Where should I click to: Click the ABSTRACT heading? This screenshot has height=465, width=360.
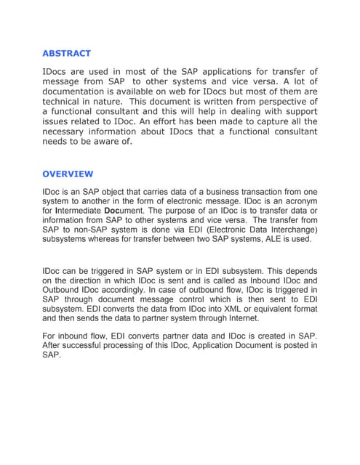coord(66,53)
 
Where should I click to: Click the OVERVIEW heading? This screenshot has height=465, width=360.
coord(68,174)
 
